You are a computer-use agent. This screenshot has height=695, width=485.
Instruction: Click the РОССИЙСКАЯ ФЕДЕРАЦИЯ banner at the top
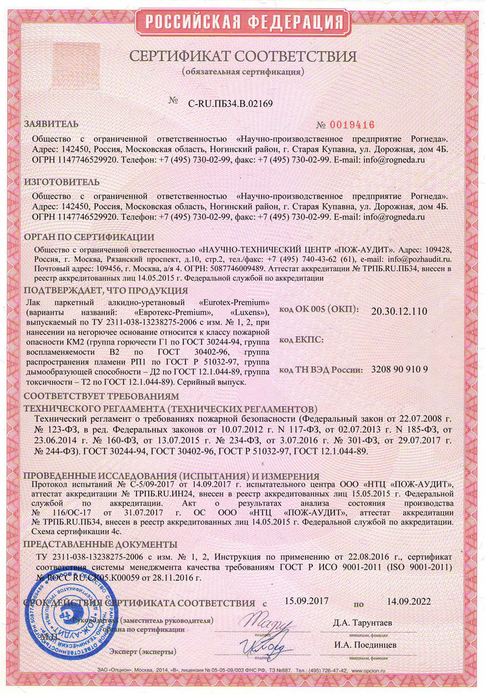[242, 22]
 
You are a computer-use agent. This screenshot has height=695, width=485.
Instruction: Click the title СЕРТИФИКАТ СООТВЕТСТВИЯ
[242, 57]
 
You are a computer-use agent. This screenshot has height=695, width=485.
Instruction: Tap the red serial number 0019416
[346, 125]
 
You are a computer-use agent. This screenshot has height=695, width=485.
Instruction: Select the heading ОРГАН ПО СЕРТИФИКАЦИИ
[89, 237]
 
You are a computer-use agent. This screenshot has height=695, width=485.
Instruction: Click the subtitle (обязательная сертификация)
[242, 72]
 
